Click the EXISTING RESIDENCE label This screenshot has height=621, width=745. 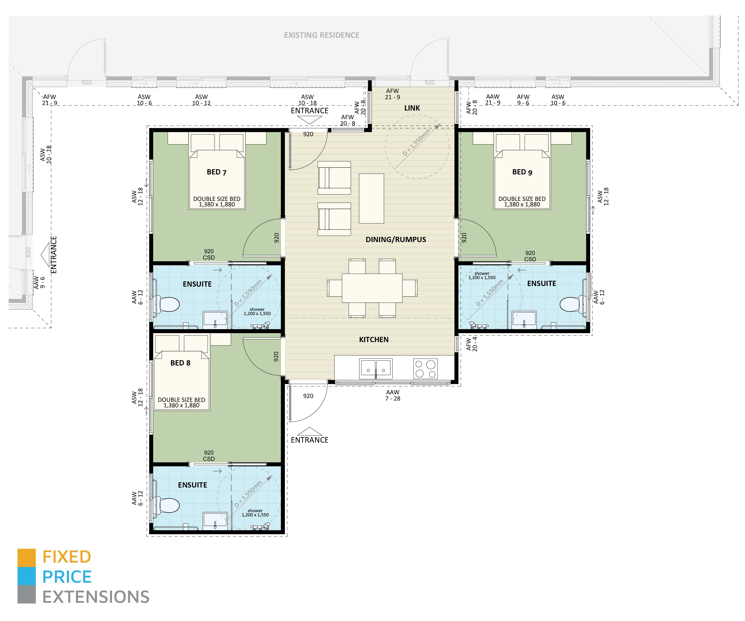(321, 35)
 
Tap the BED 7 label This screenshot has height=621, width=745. (216, 172)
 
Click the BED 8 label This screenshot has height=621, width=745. (180, 363)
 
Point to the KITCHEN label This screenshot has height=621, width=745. (374, 340)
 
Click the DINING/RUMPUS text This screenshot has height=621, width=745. (396, 240)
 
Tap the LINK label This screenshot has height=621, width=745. (412, 108)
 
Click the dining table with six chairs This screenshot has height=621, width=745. (372, 288)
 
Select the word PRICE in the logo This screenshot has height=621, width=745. (67, 577)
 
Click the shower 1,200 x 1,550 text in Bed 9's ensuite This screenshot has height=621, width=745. (482, 276)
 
